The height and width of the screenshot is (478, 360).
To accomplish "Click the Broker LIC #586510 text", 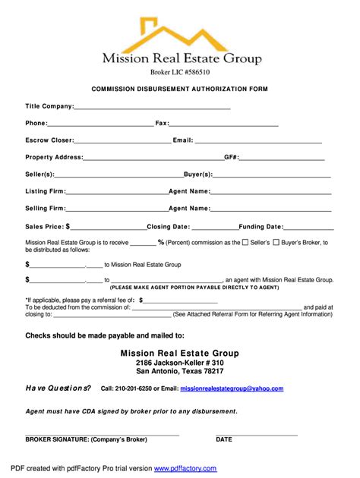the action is click(180, 71).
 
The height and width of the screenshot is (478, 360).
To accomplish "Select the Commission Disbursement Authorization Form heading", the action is click(180, 89).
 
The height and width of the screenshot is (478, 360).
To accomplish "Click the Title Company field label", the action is click(49, 106).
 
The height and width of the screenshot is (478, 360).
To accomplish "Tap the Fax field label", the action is click(162, 123).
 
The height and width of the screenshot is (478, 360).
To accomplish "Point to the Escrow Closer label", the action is click(49, 140).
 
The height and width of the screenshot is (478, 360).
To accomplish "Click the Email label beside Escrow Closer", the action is click(183, 140).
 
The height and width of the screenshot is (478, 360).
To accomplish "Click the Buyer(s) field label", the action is click(198, 175).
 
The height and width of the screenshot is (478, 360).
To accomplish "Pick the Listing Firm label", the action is click(45, 191).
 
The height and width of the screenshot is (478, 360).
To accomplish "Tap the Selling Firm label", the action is click(45, 208).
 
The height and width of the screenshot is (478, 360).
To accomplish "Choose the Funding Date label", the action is click(261, 226).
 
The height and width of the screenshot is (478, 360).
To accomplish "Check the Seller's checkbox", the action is click(245, 243).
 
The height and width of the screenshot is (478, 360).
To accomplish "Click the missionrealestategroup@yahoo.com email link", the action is click(232, 388).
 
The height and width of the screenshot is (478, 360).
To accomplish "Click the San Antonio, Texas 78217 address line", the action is click(180, 372).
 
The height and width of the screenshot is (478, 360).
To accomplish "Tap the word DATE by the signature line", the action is click(224, 439).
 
